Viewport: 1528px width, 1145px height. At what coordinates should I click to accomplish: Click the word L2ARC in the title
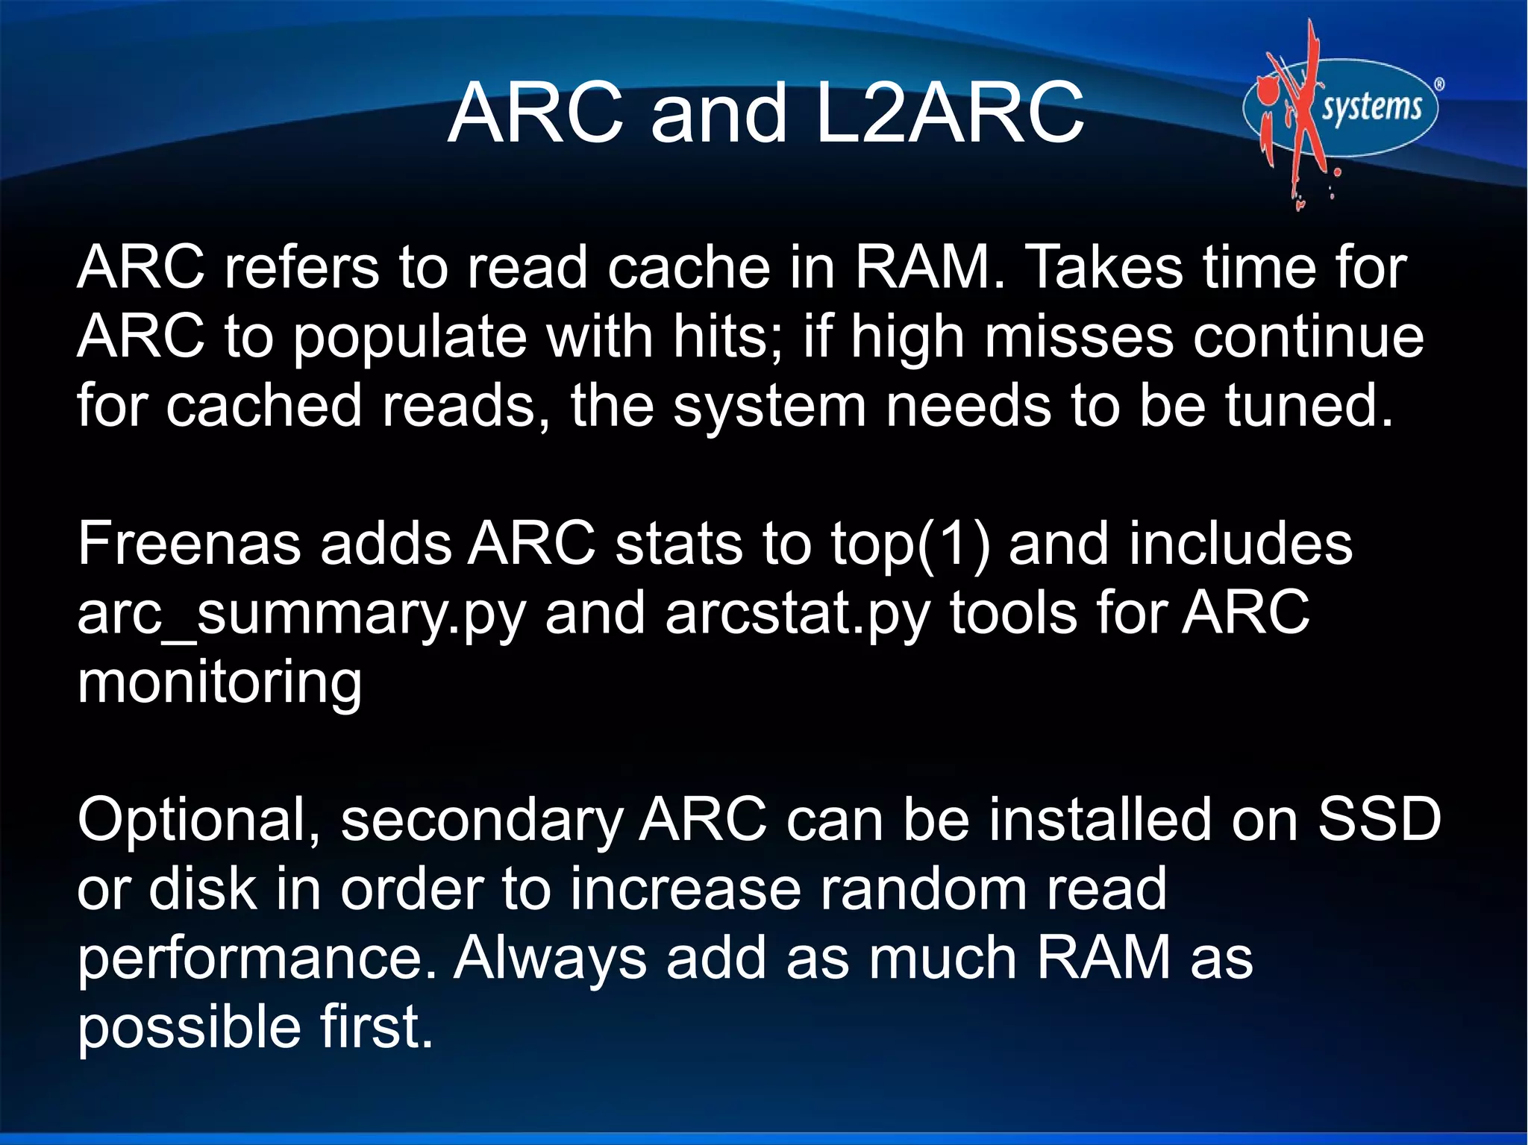(x=949, y=113)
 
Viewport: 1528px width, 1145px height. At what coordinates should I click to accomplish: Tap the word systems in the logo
(x=1371, y=107)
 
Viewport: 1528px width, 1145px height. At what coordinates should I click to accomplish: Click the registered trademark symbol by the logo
(x=1439, y=84)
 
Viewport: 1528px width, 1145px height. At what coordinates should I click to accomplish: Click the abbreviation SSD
(x=1379, y=819)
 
